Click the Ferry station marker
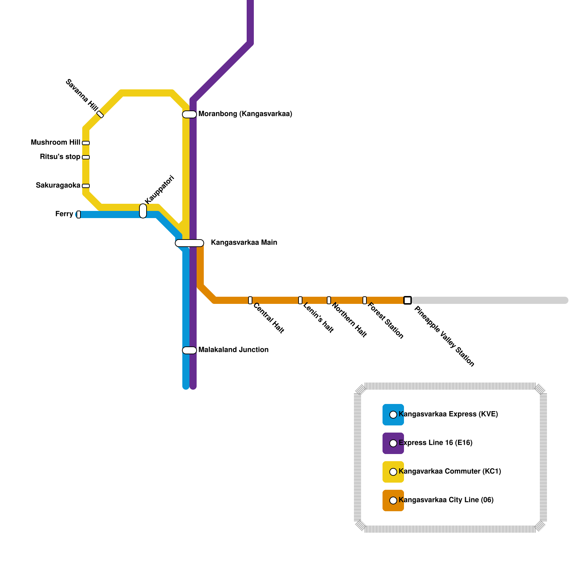click(x=79, y=214)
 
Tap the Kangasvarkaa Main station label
click(x=244, y=243)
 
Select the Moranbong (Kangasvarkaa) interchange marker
click(x=189, y=114)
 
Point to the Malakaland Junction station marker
click(x=189, y=350)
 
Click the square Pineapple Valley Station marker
click(x=408, y=300)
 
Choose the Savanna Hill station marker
click(x=100, y=114)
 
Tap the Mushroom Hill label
click(x=55, y=143)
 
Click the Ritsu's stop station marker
click(x=86, y=157)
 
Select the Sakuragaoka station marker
click(x=86, y=186)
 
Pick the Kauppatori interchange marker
click(x=143, y=211)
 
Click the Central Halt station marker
click(x=250, y=300)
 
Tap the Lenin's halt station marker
click(x=300, y=300)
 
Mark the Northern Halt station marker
click(x=329, y=300)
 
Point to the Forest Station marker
click(x=365, y=300)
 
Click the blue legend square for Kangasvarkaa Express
click(x=393, y=415)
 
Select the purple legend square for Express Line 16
click(x=393, y=443)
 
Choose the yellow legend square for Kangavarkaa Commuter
click(x=393, y=472)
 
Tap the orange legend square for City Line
click(x=393, y=500)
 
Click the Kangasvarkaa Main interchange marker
click(x=189, y=243)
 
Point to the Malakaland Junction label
click(x=233, y=350)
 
